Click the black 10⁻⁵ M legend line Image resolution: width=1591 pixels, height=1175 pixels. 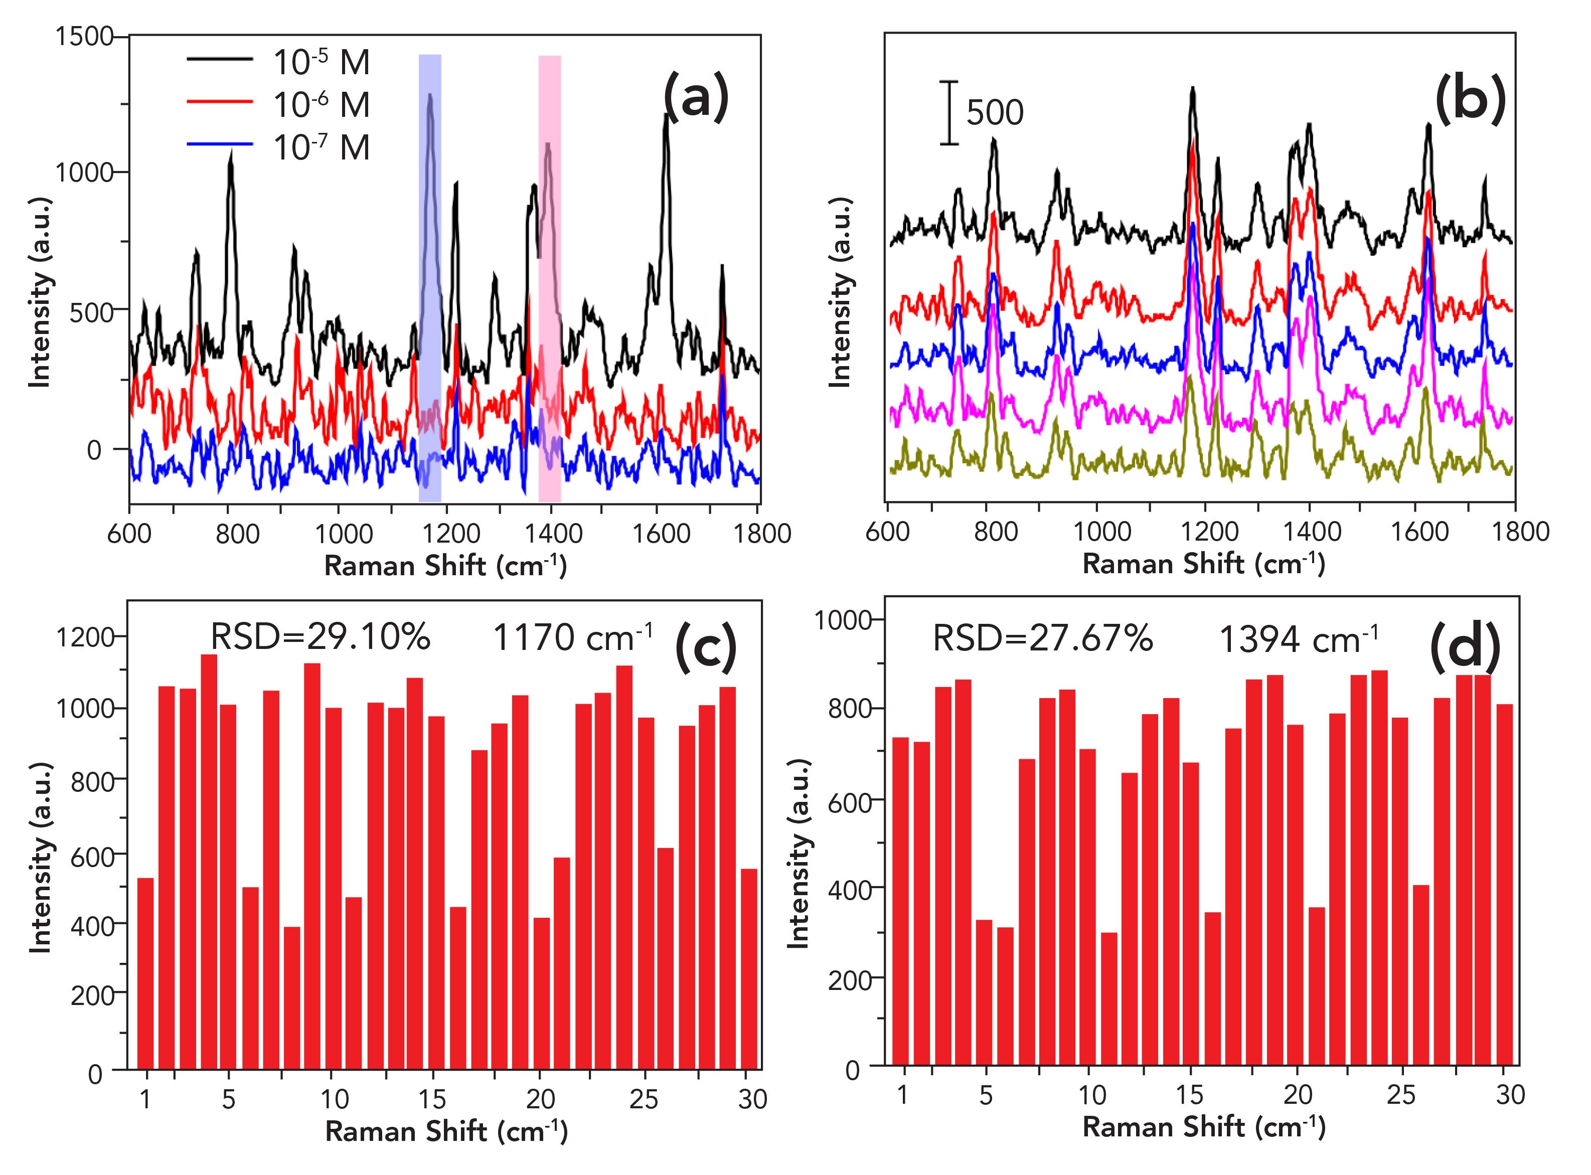click(219, 60)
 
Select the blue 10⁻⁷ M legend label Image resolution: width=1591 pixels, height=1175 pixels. click(322, 147)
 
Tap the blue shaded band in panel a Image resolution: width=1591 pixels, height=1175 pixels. click(429, 277)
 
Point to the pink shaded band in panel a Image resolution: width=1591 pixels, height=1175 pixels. click(549, 277)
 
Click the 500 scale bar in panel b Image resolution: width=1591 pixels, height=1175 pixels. click(949, 112)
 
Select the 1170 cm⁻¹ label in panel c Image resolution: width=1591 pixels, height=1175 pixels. click(572, 638)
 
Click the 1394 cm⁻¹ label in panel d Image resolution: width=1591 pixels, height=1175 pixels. click(1299, 640)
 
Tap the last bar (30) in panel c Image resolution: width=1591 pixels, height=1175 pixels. click(749, 969)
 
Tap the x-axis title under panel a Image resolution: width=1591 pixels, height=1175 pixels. click(445, 566)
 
